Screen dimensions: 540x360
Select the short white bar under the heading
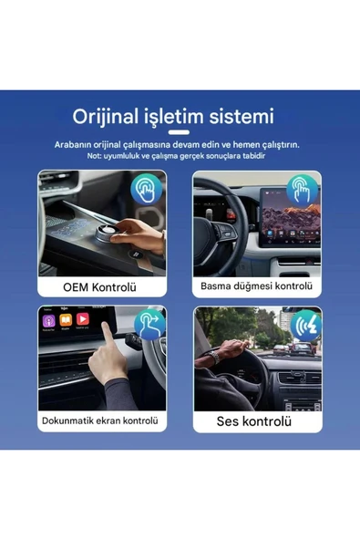pos(180,132)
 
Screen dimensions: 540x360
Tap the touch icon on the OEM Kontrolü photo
pos(145,190)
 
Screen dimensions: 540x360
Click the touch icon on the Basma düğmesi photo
pos(301,190)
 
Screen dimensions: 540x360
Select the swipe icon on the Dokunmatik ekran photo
pos(149,324)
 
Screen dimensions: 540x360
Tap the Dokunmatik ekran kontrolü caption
pos(100,421)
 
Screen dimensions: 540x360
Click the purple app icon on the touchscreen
pos(46,319)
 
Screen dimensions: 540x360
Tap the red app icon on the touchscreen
pos(83,319)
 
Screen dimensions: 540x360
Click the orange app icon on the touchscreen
pos(65,319)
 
